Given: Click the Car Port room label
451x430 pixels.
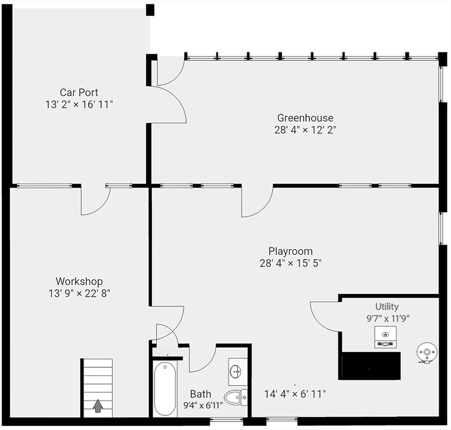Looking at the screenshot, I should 79,92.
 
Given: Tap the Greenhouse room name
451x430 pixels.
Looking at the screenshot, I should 305,118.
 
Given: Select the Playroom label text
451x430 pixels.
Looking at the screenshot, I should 290,251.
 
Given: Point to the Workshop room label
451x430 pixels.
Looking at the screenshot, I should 79,282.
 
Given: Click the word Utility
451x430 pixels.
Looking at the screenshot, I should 387,306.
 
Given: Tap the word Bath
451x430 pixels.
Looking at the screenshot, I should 201,394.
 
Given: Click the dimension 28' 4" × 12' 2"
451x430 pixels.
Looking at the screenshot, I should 305,129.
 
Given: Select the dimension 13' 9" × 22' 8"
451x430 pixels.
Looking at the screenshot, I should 79,293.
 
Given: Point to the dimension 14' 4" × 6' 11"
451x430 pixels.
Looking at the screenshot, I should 295,394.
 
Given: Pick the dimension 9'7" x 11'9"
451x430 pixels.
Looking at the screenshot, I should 387,317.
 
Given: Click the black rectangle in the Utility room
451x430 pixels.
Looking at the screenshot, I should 370,366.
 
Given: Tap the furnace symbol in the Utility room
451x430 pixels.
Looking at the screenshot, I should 385,336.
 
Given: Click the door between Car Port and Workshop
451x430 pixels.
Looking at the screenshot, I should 95,200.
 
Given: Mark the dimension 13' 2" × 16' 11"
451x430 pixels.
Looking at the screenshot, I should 79,104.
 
